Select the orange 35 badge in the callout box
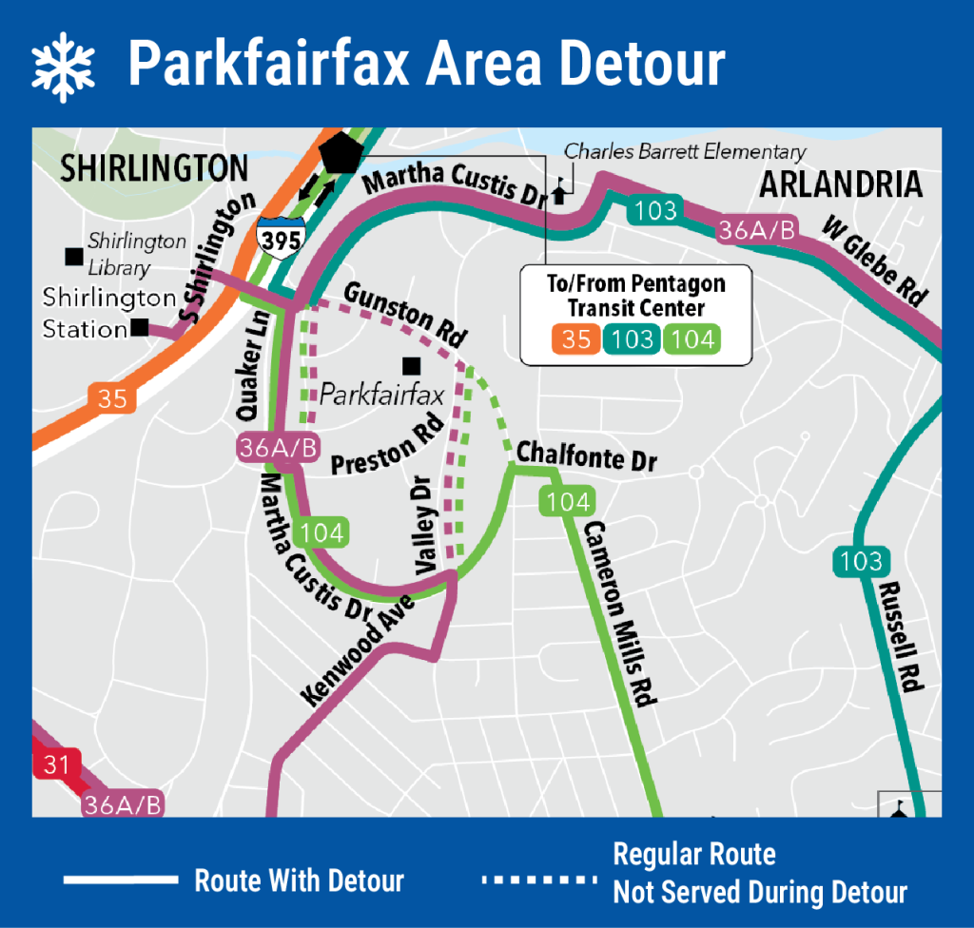click(575, 338)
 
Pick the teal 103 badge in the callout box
click(633, 338)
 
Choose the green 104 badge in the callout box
click(692, 338)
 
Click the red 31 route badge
click(50, 764)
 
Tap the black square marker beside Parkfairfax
click(412, 365)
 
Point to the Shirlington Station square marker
click(141, 328)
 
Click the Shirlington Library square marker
click(72, 256)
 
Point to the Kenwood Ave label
click(357, 650)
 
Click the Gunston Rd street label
click(404, 314)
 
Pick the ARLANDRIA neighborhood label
click(841, 184)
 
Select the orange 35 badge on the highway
click(112, 397)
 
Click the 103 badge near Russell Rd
click(861, 561)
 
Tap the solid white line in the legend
click(121, 880)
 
